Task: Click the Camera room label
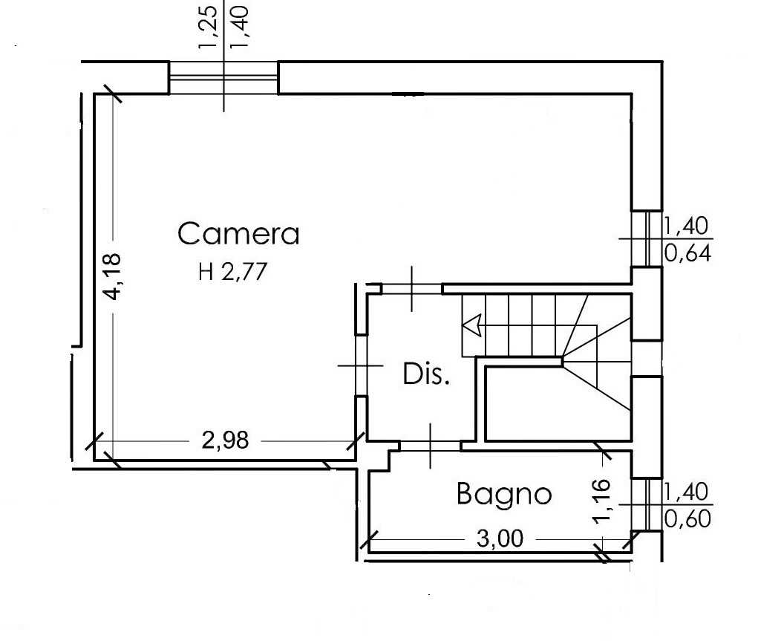[238, 233]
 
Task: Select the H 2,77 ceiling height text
[232, 272]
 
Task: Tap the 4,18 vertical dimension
[113, 276]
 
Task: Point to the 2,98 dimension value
[225, 440]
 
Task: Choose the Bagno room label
[504, 494]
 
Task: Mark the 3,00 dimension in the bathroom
[500, 538]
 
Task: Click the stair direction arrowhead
[471, 325]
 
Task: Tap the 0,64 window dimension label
[688, 254]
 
